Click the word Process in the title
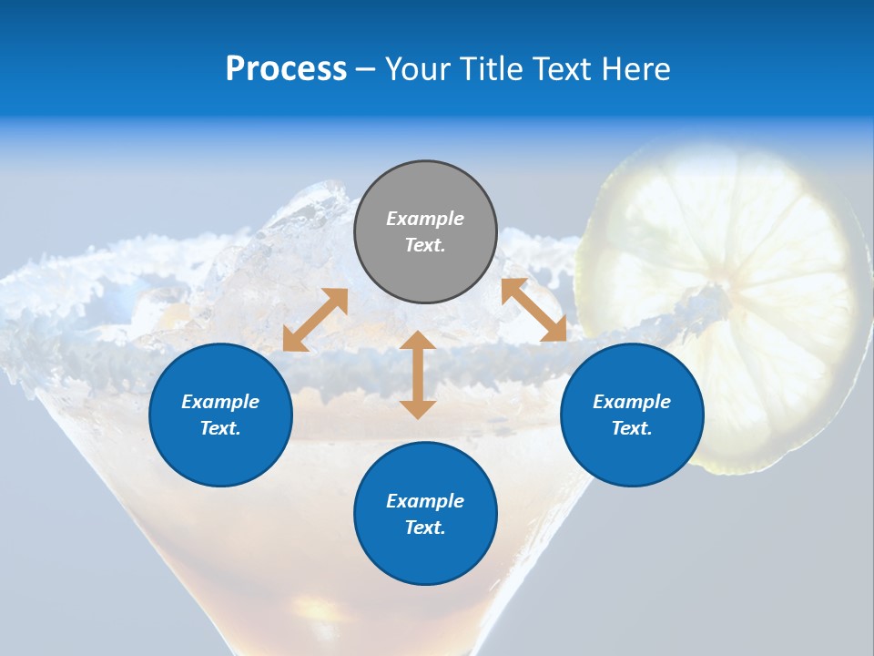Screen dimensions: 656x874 click(286, 69)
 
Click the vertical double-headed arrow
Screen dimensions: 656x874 click(418, 374)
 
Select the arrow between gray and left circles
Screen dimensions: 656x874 click(315, 319)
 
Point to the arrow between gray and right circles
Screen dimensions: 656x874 click(534, 310)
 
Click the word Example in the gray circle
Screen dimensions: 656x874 click(425, 219)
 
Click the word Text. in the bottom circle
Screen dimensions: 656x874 click(425, 528)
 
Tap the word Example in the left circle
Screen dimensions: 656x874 click(220, 402)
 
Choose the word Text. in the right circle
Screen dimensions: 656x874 click(632, 428)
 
